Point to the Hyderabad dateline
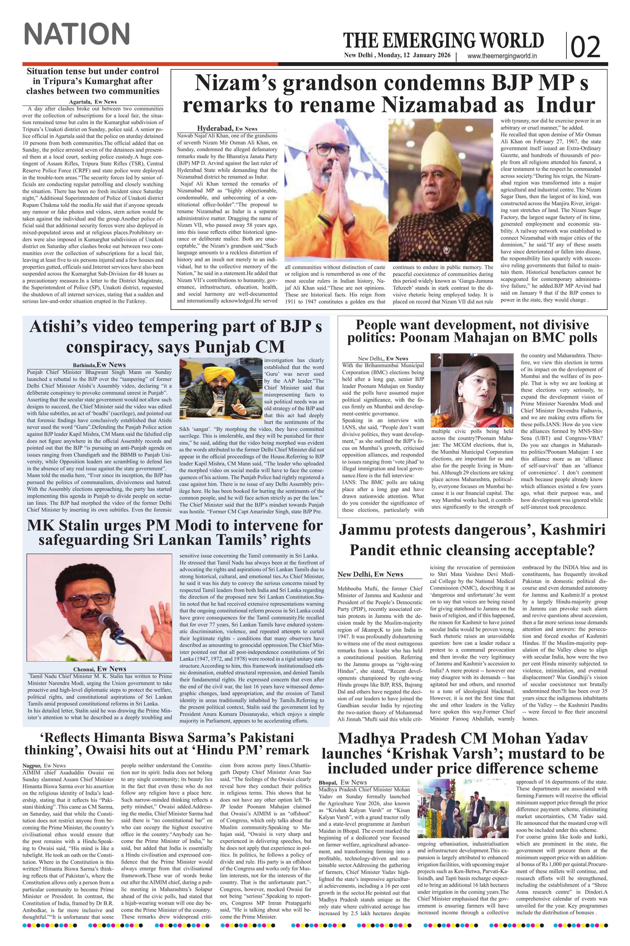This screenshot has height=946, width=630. tap(215, 128)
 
